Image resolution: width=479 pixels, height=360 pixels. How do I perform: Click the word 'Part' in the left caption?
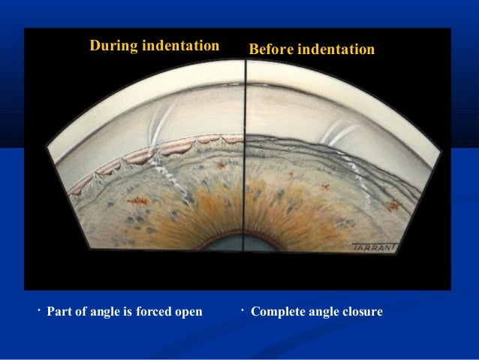(59, 311)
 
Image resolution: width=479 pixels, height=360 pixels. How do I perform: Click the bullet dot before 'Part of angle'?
(38, 309)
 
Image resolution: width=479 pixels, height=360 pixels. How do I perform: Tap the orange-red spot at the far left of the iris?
(137, 200)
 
